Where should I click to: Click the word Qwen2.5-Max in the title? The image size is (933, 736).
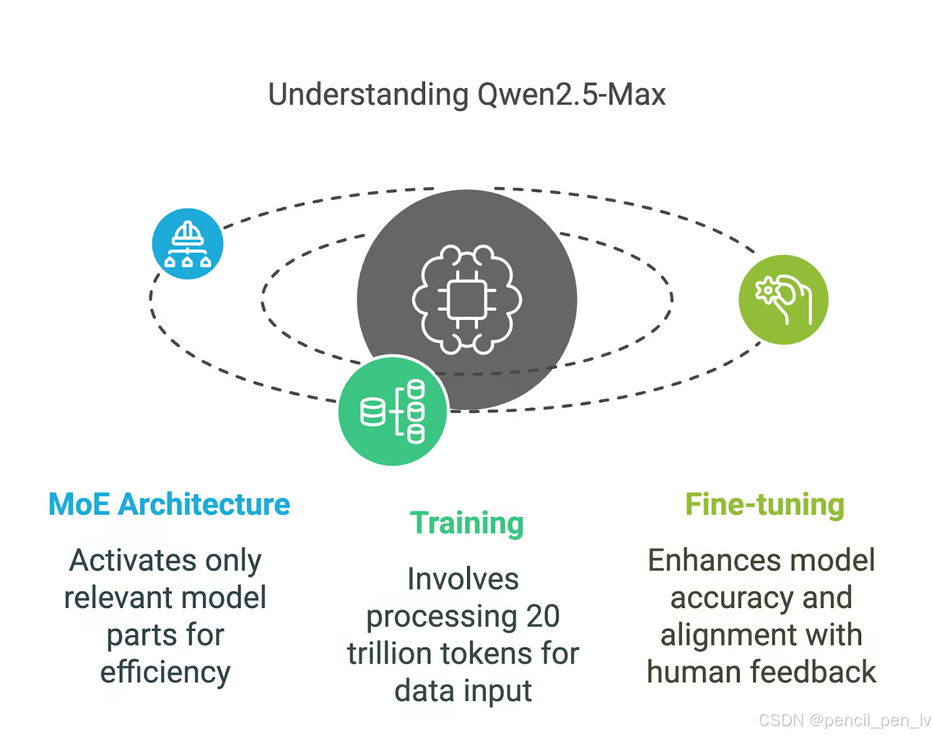coord(571,95)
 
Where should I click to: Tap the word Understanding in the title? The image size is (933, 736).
coord(368,95)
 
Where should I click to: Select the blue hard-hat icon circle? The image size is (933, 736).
coord(187,244)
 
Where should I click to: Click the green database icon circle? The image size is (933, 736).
coord(393,411)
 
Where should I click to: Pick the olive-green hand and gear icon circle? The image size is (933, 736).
coord(783,300)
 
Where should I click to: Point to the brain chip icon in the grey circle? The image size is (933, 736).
coord(467,300)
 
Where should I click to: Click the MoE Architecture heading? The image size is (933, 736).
coord(169,504)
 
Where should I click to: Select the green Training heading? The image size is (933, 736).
coord(466,523)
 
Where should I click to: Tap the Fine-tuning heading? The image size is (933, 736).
coord(764,504)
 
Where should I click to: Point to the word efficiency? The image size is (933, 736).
coord(165,672)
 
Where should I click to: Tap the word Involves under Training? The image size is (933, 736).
coord(463,579)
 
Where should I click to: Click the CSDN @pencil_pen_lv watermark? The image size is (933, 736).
coord(844,720)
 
